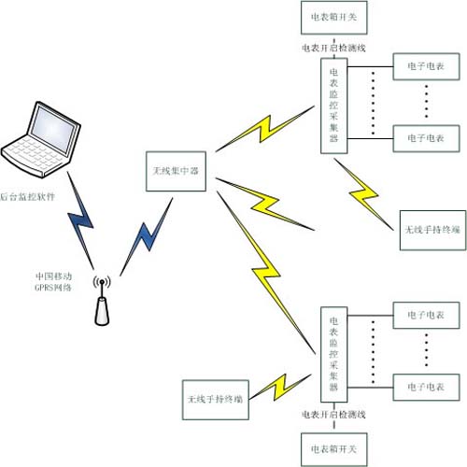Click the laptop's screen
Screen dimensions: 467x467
pyautogui.click(x=53, y=129)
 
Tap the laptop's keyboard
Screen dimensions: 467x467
pyautogui.click(x=34, y=153)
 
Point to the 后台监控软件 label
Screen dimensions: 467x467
pyautogui.click(x=27, y=197)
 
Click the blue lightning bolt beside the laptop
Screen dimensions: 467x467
pyautogui.click(x=80, y=220)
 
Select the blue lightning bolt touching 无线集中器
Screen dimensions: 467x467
pyautogui.click(x=147, y=236)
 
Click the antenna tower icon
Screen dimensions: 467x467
pyautogui.click(x=102, y=302)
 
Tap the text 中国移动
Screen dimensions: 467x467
pyautogui.click(x=53, y=276)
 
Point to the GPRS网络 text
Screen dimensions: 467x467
pyautogui.click(x=53, y=288)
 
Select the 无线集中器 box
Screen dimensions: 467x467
pyautogui.click(x=176, y=171)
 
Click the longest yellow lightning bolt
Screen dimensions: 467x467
pyautogui.click(x=265, y=273)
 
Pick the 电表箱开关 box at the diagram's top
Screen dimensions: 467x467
pyautogui.click(x=333, y=18)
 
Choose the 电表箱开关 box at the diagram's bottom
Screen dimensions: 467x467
pyautogui.click(x=333, y=449)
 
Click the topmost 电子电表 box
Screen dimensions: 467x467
pyautogui.click(x=426, y=66)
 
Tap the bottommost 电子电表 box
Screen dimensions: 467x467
pyautogui.click(x=426, y=387)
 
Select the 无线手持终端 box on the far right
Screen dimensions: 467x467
pyautogui.click(x=432, y=230)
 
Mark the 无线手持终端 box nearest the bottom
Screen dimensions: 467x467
pyautogui.click(x=216, y=400)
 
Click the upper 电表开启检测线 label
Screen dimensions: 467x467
pyautogui.click(x=333, y=48)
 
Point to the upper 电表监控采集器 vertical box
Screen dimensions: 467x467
pyautogui.click(x=334, y=106)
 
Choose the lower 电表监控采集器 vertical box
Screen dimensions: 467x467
pyautogui.click(x=334, y=355)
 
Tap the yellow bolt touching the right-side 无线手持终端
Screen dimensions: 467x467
pyautogui.click(x=363, y=194)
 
